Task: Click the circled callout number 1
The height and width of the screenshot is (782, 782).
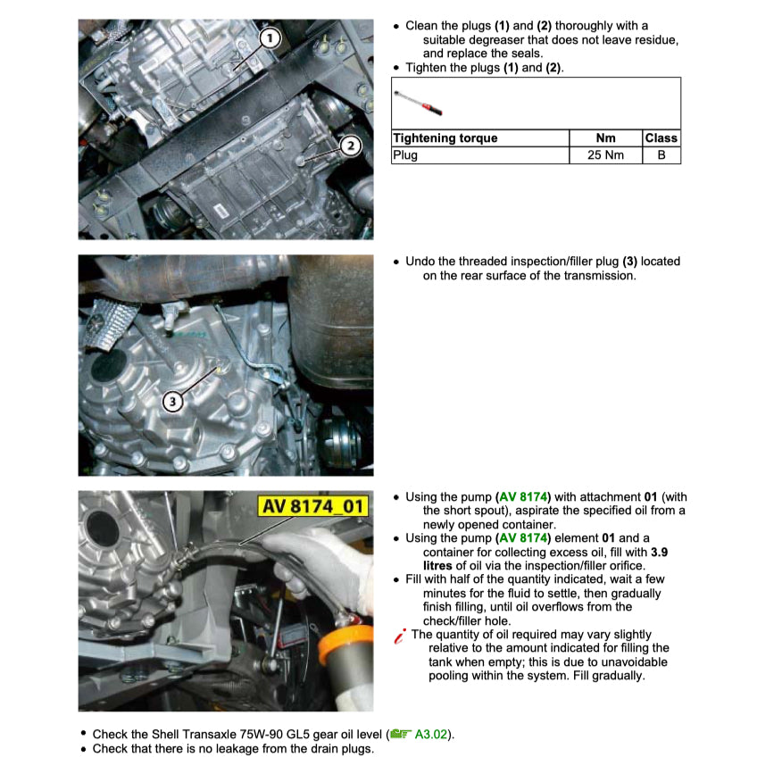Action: [271, 37]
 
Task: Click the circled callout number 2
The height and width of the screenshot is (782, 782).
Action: [351, 146]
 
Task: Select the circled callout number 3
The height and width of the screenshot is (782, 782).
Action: [173, 401]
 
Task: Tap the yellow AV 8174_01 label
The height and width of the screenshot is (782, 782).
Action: [312, 506]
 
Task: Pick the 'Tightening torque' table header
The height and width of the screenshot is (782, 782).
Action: [445, 138]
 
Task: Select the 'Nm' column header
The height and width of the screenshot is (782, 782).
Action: [605, 138]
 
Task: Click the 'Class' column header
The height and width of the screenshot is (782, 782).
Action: [661, 138]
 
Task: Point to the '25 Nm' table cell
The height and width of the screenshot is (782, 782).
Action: [605, 155]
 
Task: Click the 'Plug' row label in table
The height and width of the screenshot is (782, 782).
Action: [405, 155]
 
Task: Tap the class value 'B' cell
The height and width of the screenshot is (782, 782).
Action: [661, 155]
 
